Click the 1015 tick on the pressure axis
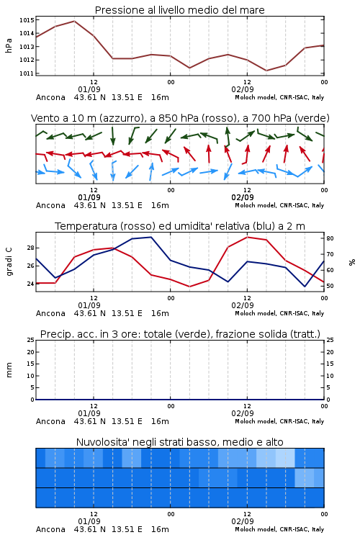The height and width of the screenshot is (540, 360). tap(27, 20)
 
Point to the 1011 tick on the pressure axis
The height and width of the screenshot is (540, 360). tap(27, 73)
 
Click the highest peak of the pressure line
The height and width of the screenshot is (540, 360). tap(74, 21)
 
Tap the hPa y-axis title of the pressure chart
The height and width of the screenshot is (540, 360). tap(9, 45)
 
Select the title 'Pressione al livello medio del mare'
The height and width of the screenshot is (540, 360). tap(179, 10)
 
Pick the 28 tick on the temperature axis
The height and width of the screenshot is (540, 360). tap(30, 248)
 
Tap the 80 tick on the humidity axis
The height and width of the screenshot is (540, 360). tap(330, 238)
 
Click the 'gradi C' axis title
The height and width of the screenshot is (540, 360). tap(9, 261)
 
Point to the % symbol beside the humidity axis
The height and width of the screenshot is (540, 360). tap(352, 262)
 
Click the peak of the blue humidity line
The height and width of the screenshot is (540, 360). tap(151, 237)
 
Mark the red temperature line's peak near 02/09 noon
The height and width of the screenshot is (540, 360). tap(247, 237)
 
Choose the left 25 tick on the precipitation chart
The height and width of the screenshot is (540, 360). tap(30, 340)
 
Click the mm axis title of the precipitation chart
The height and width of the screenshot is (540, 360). tap(9, 369)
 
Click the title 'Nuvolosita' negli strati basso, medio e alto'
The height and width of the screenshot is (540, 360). tap(179, 442)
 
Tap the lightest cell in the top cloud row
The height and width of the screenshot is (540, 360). tap(285, 458)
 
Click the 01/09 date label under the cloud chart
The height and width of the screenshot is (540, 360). tap(89, 521)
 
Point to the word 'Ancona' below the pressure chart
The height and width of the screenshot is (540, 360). tap(50, 97)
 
